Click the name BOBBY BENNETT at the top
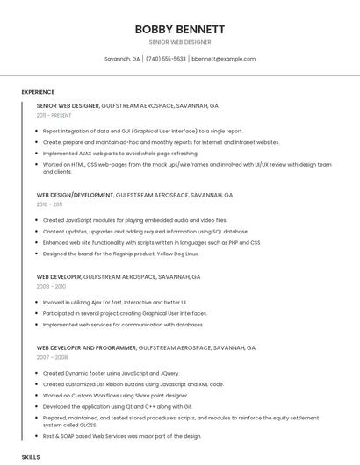coord(179,29)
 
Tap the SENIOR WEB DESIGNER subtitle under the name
coord(179,42)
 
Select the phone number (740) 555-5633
coord(166,59)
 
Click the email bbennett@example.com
coord(224,59)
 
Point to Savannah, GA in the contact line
coord(122,59)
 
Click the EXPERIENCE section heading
coord(38,92)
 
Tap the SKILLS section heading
coord(31,457)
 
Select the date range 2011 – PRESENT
coord(54,115)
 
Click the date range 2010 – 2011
coord(51,204)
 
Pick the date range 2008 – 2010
coord(51,286)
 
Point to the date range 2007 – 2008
coord(51,357)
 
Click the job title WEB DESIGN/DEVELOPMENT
coord(75,195)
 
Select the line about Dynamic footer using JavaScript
coord(111,373)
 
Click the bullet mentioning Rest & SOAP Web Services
coord(121,436)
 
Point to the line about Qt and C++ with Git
coord(117,406)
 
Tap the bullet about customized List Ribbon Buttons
coord(133,384)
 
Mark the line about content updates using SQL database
coord(145,232)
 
